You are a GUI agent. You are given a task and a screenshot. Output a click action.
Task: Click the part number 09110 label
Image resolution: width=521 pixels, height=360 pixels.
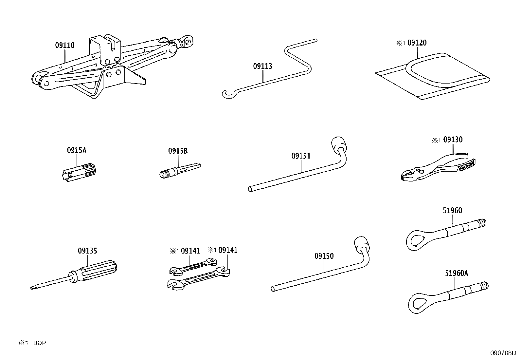(x=65, y=46)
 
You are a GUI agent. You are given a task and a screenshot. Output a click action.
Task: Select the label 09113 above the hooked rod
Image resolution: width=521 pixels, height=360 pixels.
(x=262, y=66)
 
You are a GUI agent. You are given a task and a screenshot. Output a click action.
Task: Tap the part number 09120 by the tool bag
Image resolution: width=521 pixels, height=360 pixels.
(x=417, y=43)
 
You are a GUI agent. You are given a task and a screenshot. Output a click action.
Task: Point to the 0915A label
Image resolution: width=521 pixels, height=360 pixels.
(x=77, y=150)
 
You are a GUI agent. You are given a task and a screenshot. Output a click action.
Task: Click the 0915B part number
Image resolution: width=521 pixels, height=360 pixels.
(x=178, y=151)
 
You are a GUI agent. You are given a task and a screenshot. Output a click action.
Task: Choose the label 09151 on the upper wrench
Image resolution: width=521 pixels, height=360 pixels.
(x=301, y=156)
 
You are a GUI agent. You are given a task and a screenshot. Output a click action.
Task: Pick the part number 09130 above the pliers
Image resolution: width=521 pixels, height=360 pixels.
(x=453, y=140)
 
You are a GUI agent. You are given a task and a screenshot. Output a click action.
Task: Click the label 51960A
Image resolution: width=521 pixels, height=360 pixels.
(x=456, y=273)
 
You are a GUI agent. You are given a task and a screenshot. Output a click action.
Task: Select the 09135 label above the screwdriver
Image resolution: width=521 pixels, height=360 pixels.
(x=87, y=251)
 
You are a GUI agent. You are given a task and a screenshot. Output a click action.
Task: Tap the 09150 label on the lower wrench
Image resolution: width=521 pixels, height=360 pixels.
(x=324, y=256)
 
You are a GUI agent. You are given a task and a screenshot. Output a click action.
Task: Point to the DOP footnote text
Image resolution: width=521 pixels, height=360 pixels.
(x=39, y=343)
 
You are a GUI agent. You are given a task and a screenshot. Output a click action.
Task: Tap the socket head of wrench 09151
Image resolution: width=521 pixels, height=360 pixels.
(x=338, y=144)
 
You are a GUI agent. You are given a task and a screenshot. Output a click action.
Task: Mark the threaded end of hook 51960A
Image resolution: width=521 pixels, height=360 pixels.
(x=483, y=285)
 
